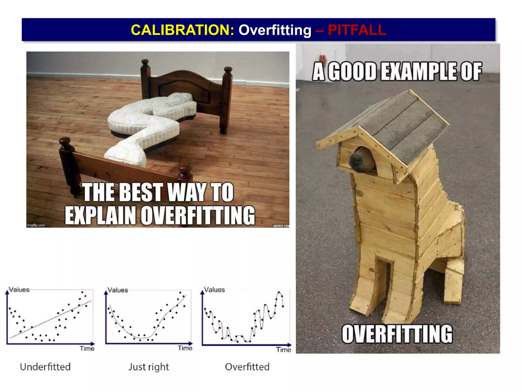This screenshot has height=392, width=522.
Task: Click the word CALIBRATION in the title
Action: [x=182, y=30]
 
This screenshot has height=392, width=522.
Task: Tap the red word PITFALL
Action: [x=357, y=30]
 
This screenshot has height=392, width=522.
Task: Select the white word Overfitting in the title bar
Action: [x=275, y=30]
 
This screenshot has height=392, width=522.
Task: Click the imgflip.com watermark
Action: [x=36, y=225]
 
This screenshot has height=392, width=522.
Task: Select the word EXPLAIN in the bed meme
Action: [x=100, y=216]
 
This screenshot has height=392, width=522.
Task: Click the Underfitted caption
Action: [x=45, y=367]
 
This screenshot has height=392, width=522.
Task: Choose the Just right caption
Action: [x=149, y=367]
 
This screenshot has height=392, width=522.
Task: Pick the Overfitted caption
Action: [x=247, y=367]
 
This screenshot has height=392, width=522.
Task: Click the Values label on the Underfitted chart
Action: [x=19, y=290]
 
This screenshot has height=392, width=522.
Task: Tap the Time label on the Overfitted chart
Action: [x=283, y=350]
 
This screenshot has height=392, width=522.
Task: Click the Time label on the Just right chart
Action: [x=185, y=348]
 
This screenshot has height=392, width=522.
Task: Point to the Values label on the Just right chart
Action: [x=118, y=290]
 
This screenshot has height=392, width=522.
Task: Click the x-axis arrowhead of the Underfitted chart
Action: [x=93, y=344]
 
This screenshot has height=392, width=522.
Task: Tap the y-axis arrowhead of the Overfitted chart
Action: [x=202, y=292]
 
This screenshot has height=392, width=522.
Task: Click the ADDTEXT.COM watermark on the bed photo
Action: [x=281, y=226]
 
